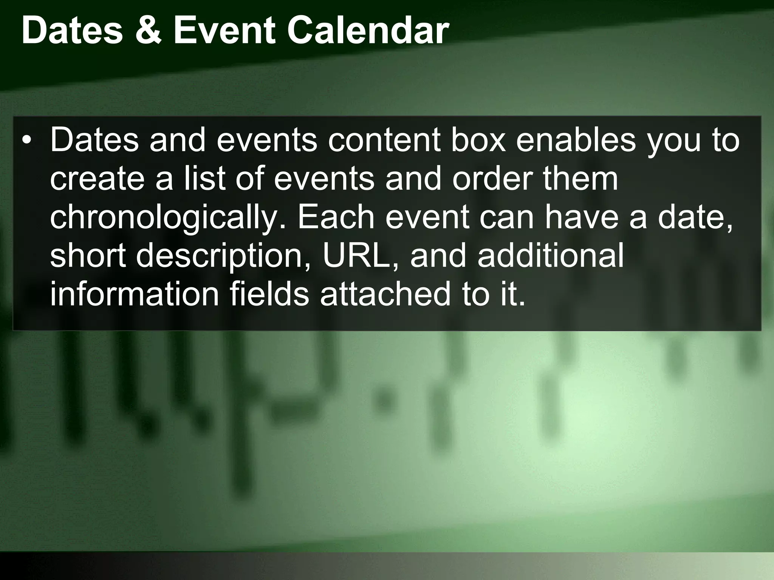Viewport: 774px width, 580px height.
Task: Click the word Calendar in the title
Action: tap(368, 31)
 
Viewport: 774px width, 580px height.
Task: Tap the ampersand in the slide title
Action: tap(148, 31)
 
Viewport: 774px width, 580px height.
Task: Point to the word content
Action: tap(384, 140)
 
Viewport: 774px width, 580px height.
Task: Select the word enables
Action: tap(576, 140)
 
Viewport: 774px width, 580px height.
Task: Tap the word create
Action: tap(97, 179)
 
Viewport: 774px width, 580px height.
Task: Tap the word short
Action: tap(88, 255)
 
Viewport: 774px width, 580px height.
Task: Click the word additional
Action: tap(550, 255)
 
